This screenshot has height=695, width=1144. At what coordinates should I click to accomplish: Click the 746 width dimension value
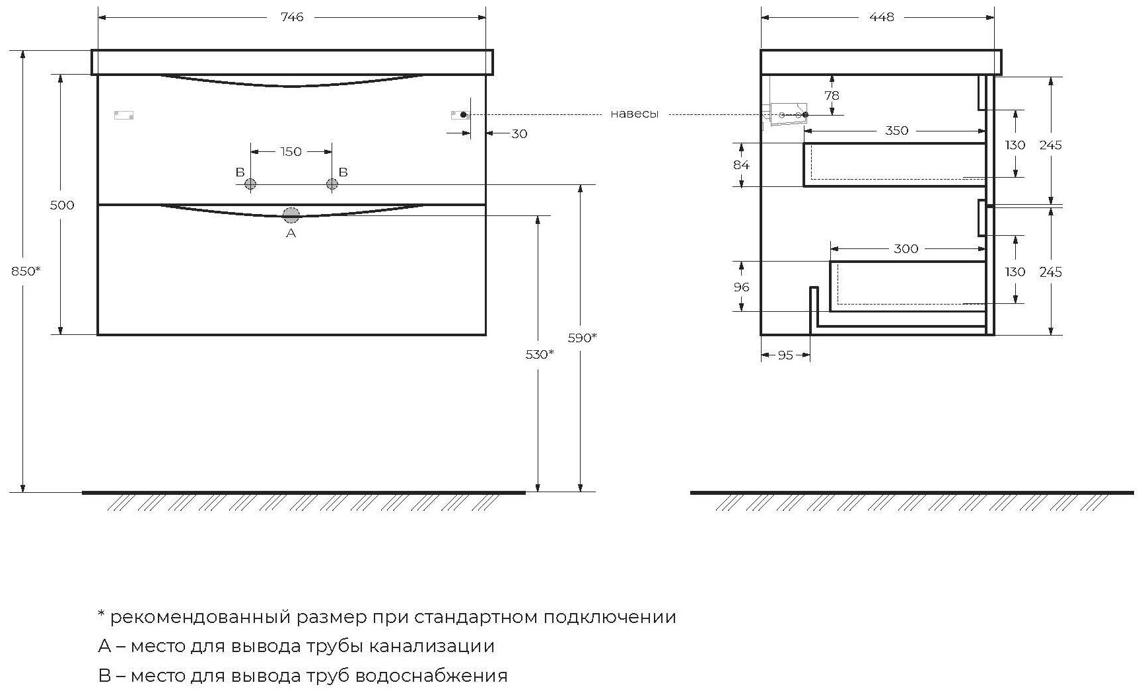tap(292, 17)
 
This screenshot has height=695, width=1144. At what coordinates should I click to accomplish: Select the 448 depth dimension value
tap(881, 17)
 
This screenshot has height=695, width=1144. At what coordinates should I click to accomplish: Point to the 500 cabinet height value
tap(62, 205)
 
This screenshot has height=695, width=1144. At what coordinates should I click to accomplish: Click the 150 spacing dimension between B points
tap(291, 152)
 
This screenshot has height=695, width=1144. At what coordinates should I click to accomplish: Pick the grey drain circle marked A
tap(291, 215)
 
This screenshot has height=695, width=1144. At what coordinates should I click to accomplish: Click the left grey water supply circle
tap(250, 184)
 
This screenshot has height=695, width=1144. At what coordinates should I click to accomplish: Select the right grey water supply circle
tap(332, 184)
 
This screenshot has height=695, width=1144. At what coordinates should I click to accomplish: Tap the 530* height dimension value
tap(539, 355)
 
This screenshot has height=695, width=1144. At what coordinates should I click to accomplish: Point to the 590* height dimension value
tap(582, 338)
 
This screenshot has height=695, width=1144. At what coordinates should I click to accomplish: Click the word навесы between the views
tap(634, 114)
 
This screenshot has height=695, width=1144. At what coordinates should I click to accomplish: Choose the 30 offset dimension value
tap(520, 134)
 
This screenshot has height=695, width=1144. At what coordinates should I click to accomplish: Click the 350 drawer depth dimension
tap(896, 131)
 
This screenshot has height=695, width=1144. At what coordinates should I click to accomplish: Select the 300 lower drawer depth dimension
tap(906, 249)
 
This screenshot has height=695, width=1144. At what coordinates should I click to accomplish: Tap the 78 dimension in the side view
tap(832, 96)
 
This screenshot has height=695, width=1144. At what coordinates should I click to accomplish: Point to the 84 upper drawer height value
tap(741, 165)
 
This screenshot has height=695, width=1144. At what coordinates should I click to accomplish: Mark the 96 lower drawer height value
tap(741, 287)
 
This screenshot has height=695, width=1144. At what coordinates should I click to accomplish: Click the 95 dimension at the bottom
tap(785, 355)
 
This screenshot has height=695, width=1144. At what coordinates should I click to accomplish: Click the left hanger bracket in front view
tap(124, 115)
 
